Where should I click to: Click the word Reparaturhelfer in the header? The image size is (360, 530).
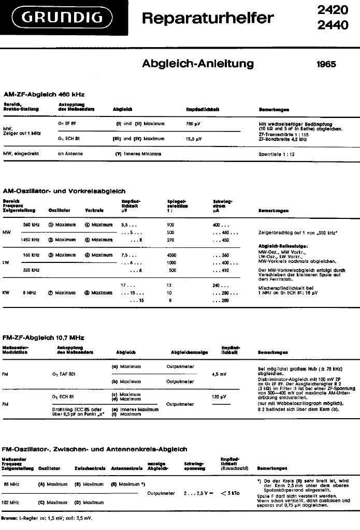(x=207, y=19)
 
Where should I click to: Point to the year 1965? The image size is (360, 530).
(x=326, y=64)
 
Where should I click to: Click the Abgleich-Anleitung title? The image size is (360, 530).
(x=198, y=64)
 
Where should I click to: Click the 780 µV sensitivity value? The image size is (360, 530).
(x=193, y=124)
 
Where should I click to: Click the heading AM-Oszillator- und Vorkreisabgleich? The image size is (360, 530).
(x=64, y=191)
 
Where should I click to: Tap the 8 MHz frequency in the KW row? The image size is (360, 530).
(x=30, y=292)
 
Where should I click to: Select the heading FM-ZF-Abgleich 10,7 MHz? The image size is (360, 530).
(x=44, y=337)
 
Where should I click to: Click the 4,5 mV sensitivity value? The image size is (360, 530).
(x=220, y=373)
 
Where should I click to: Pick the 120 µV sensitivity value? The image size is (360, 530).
(x=220, y=396)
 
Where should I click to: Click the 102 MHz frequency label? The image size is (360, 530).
(x=11, y=502)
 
